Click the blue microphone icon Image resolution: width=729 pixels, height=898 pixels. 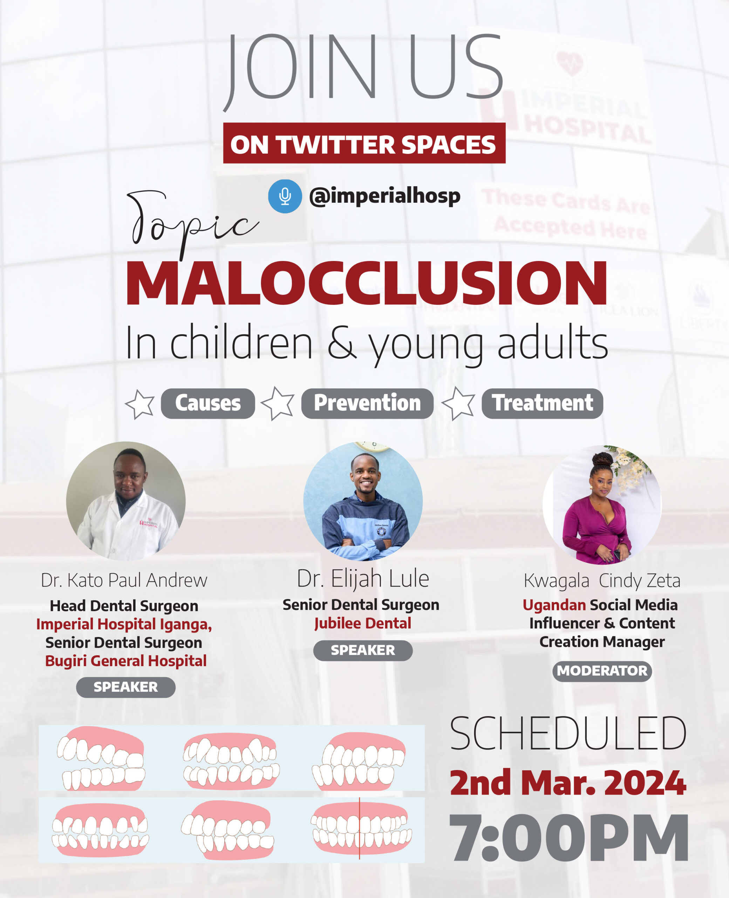[x=285, y=196]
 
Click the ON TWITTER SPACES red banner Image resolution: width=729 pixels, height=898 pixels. [x=364, y=143]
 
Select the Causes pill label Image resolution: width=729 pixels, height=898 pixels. [x=208, y=403]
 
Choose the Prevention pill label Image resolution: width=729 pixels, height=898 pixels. [x=367, y=403]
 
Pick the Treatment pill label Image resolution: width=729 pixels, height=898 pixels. [x=542, y=403]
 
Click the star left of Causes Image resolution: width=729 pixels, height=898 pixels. [x=140, y=404]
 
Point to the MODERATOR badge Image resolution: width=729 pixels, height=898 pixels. [x=602, y=671]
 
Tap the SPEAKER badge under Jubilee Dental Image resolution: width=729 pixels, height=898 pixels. [x=363, y=650]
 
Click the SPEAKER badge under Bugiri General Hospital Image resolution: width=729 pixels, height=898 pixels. [x=125, y=687]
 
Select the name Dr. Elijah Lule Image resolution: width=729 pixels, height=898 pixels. [x=363, y=579]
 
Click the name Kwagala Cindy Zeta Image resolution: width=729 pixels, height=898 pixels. [x=602, y=581]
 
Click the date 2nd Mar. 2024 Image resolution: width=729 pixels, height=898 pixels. [x=568, y=783]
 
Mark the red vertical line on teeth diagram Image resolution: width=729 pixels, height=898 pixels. [x=360, y=828]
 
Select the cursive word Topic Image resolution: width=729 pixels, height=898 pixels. [x=191, y=221]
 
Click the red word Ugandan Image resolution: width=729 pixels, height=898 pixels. [x=554, y=605]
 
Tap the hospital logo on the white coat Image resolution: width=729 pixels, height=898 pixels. [x=149, y=523]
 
